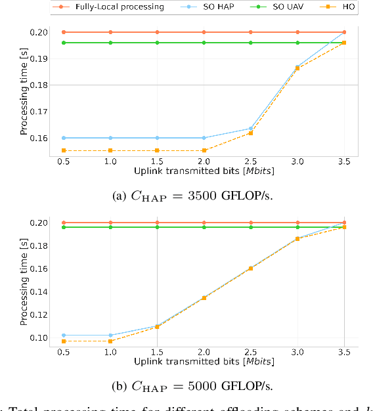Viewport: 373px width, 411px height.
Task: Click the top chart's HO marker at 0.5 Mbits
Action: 64,150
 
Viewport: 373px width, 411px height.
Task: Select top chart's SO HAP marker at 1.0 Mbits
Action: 110,138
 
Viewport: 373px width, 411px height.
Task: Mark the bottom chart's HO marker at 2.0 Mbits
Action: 204,298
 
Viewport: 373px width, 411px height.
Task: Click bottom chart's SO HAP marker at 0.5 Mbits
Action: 64,335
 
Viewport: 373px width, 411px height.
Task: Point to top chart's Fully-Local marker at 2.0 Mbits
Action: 204,32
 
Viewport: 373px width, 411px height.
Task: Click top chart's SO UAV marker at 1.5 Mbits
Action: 157,43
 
